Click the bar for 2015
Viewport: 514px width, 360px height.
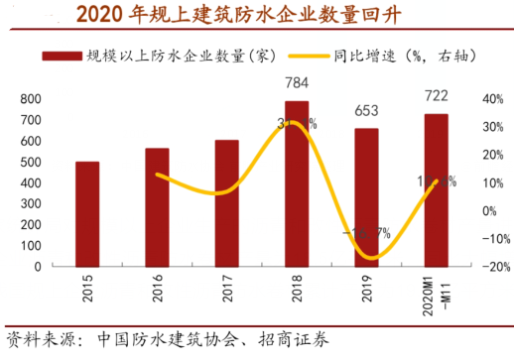87,213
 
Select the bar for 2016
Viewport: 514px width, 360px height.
157,207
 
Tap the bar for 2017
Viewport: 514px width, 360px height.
226,203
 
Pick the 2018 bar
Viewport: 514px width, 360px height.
297,183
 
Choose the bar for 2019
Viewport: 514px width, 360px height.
366,197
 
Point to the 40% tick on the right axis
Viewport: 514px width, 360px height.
494,99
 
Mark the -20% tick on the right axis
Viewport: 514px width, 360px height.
492,267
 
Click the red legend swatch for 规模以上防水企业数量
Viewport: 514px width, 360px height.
61,56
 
